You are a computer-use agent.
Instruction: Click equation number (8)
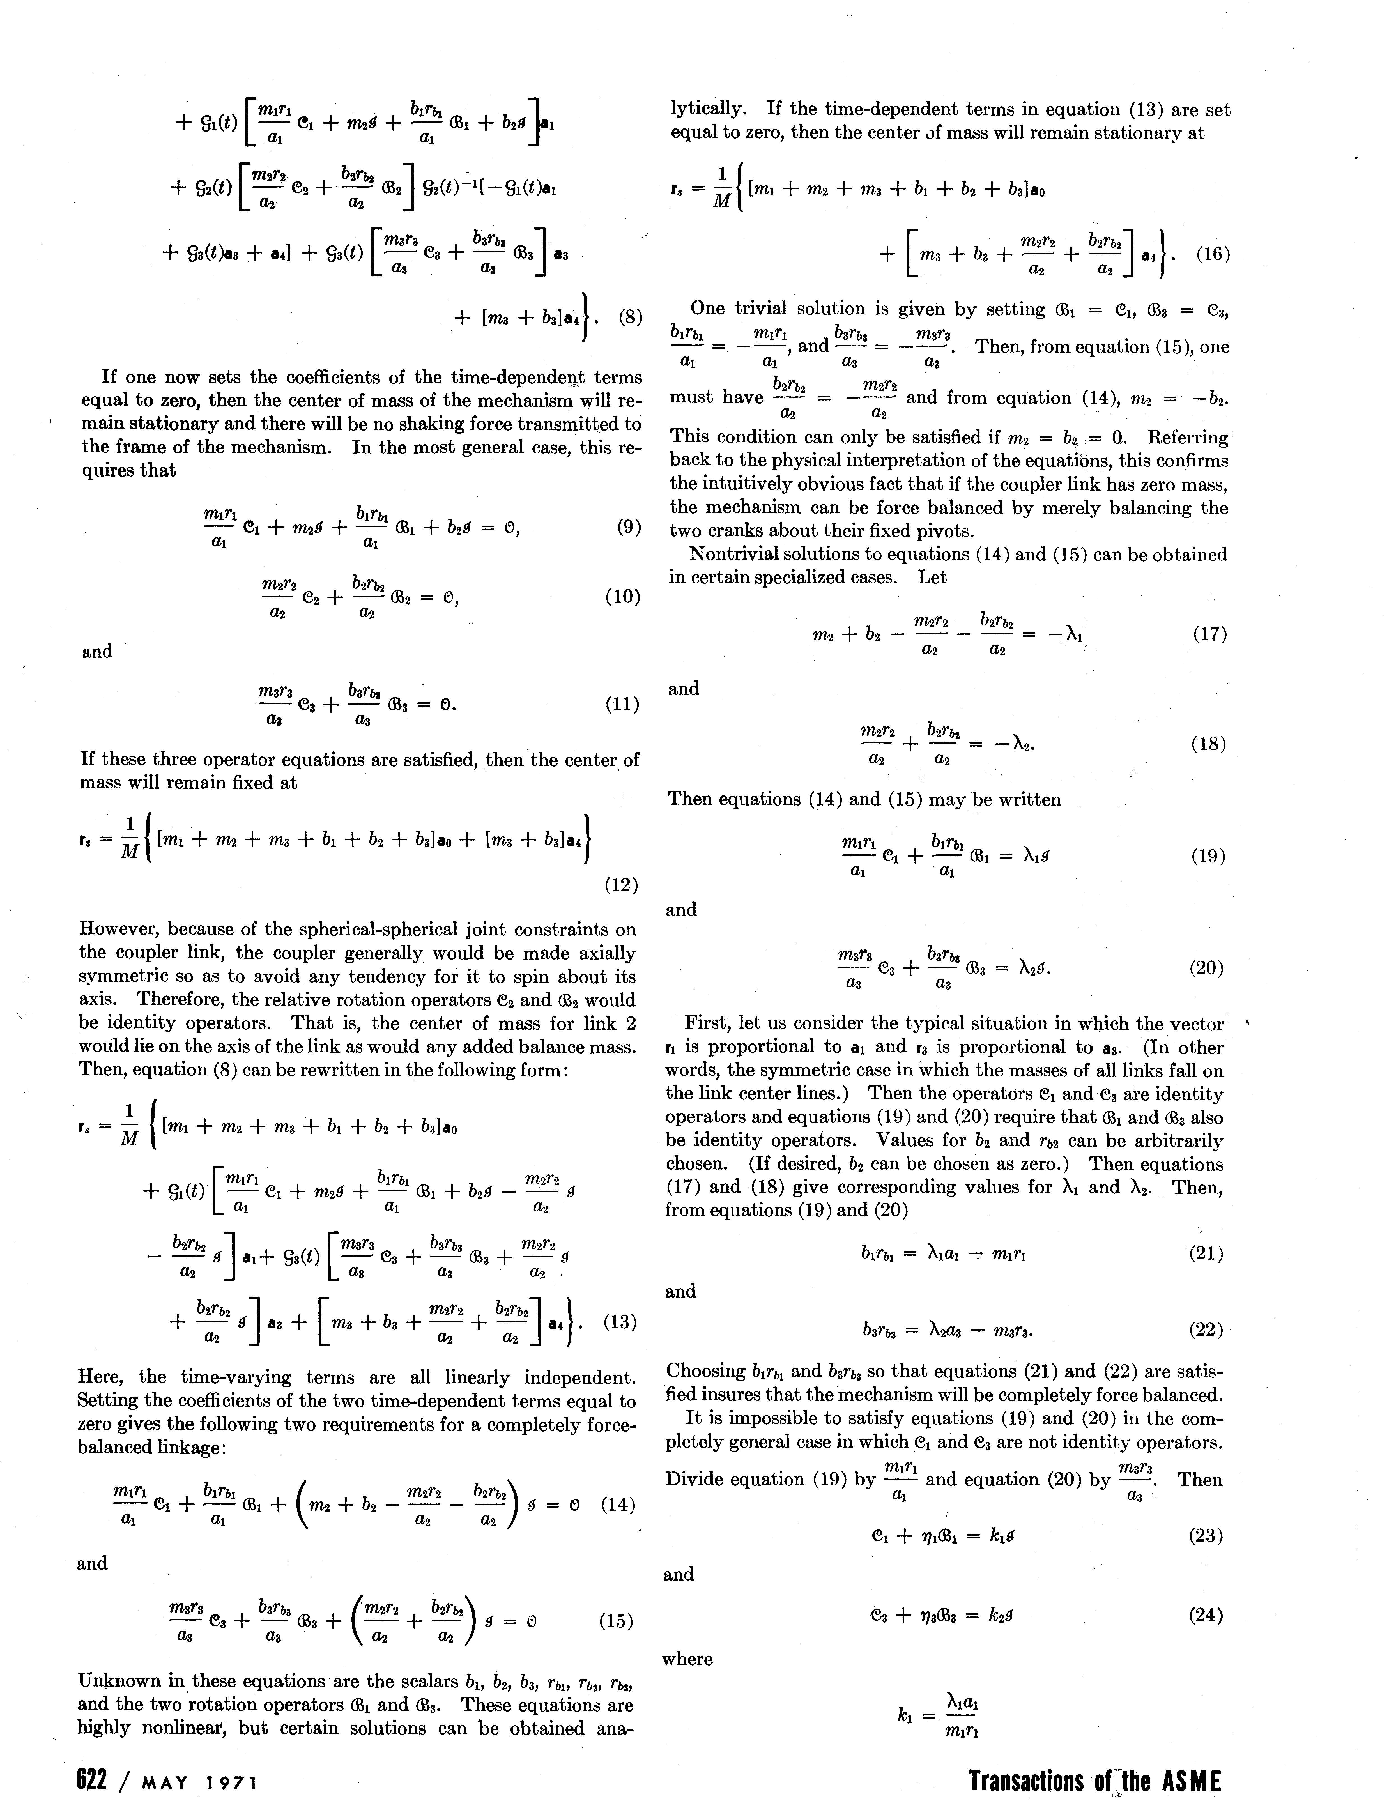pos(629,318)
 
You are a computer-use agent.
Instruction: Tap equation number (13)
pos(620,1322)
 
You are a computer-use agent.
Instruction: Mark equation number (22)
pos(1206,1330)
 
